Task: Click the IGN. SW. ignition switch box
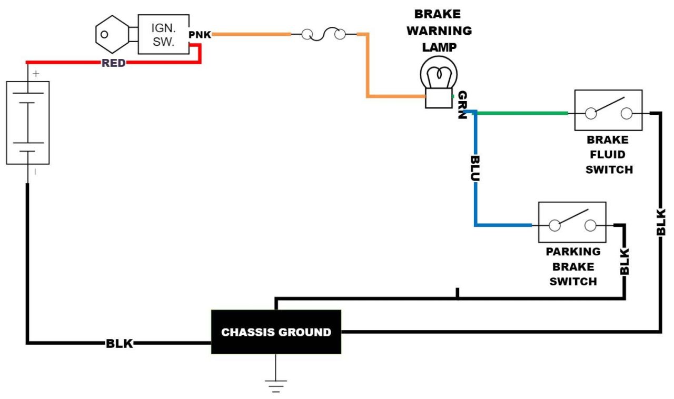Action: click(163, 34)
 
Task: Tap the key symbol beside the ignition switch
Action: click(112, 35)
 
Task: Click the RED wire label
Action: click(114, 63)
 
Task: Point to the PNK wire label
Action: click(200, 35)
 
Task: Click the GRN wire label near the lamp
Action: click(462, 105)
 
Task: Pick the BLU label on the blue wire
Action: click(475, 168)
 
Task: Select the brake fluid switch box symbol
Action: click(608, 110)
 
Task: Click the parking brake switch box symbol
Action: click(572, 222)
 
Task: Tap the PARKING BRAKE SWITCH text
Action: click(573, 266)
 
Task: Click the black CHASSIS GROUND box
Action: click(276, 332)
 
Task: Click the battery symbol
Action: click(27, 123)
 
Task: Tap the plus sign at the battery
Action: click(36, 74)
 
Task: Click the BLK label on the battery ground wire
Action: click(120, 344)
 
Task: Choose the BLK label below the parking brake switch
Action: click(625, 261)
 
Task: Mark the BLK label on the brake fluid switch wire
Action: click(661, 222)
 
